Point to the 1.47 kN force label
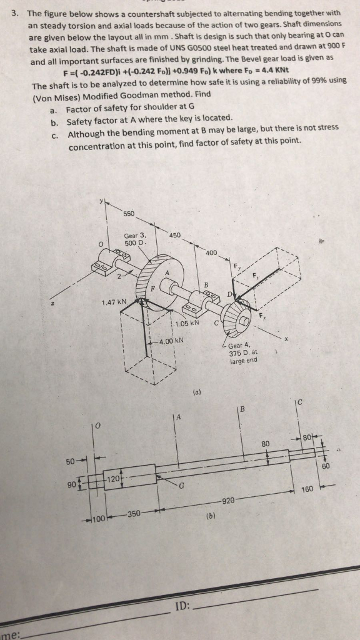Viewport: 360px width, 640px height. pos(114,302)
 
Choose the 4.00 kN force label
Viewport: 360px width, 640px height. pos(170,341)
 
